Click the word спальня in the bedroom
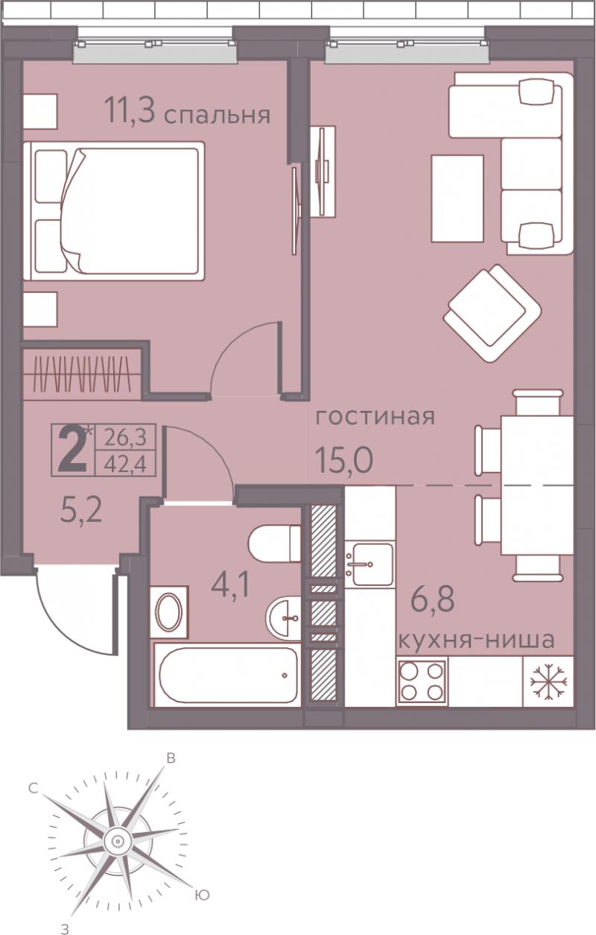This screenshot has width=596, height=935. [x=218, y=116]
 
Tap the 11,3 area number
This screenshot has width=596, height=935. [x=130, y=110]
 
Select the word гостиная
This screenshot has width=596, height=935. [x=375, y=417]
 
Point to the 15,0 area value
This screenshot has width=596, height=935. [x=344, y=459]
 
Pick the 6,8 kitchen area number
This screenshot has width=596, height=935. [x=433, y=599]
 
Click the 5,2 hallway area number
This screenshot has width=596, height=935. [x=81, y=511]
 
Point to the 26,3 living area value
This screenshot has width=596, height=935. [x=126, y=438]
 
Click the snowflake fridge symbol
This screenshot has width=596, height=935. [x=548, y=681]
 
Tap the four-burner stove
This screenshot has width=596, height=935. [x=422, y=681]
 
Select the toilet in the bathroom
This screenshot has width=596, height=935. [x=274, y=544]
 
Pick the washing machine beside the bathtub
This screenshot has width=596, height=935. [x=169, y=612]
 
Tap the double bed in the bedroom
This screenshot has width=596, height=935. [x=114, y=211]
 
